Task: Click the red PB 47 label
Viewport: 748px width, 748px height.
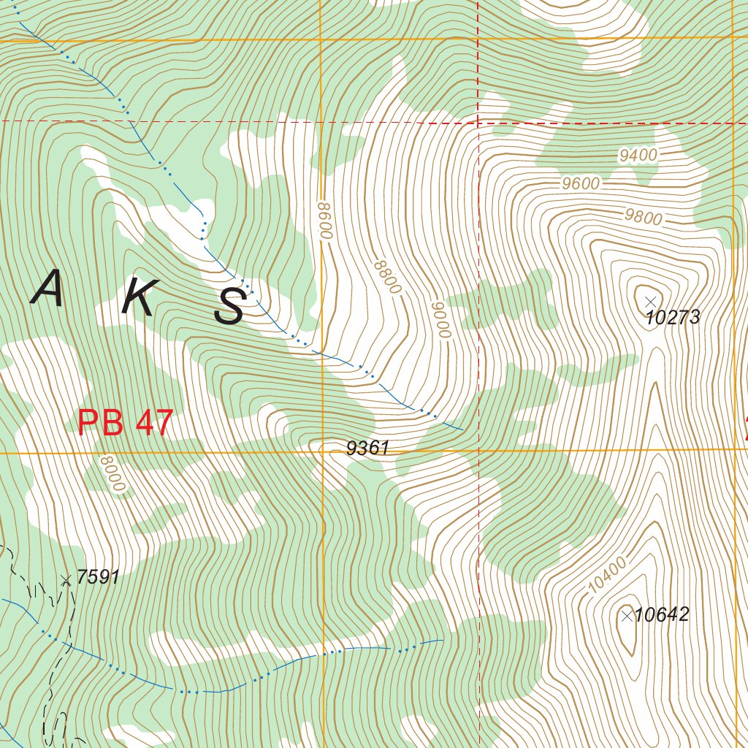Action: (125, 424)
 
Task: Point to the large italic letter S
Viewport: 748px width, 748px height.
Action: (230, 307)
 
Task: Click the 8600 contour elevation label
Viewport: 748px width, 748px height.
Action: (325, 221)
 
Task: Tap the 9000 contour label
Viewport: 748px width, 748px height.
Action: (438, 319)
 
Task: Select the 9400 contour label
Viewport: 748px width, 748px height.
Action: (638, 155)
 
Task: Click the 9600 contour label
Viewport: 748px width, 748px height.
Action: (581, 183)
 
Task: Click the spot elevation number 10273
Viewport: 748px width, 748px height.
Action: (673, 318)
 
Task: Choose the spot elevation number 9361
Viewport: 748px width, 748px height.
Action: (367, 449)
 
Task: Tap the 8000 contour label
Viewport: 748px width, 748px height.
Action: (115, 476)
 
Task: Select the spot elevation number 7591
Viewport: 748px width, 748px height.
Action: (97, 577)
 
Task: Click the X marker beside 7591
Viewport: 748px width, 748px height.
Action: (66, 580)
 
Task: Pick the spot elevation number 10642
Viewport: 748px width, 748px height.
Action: (662, 615)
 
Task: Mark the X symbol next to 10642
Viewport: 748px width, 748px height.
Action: (626, 616)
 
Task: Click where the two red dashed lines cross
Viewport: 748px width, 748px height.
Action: (478, 122)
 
